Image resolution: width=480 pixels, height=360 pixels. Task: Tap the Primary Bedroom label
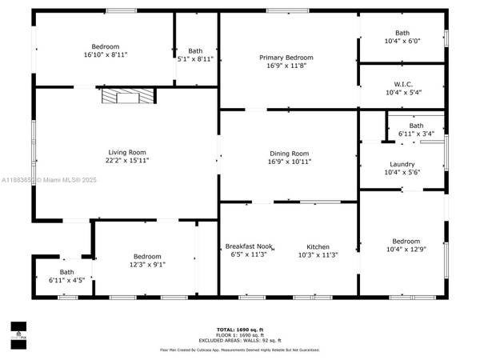[286, 58]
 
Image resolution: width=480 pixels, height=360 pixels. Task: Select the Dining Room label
[288, 153]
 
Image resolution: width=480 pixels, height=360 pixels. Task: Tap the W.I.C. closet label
[402, 83]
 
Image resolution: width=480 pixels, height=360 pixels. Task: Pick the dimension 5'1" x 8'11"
[195, 58]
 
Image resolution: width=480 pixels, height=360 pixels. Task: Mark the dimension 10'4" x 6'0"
[402, 41]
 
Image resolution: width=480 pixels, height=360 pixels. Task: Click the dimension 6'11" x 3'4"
[416, 134]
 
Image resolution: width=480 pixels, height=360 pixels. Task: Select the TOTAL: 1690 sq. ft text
[239, 330]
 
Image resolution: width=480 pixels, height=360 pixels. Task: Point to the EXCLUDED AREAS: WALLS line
[239, 342]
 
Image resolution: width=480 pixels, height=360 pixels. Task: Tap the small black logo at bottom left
[17, 329]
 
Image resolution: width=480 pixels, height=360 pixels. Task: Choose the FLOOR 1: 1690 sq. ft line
[239, 336]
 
